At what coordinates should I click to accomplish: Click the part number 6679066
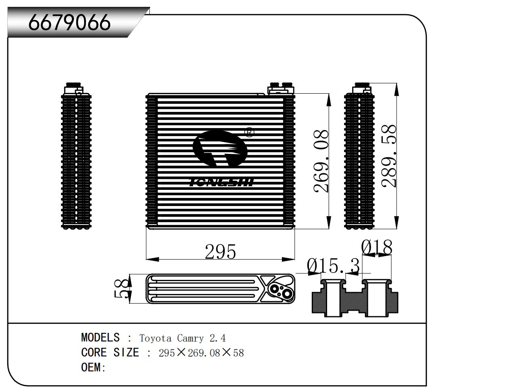coord(69,23)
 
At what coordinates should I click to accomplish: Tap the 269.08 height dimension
coord(321,162)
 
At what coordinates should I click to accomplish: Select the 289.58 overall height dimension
coord(388,156)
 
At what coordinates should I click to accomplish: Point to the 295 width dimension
coord(220,252)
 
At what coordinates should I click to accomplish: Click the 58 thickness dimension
coord(121,289)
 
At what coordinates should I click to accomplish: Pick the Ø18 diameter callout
coord(376,247)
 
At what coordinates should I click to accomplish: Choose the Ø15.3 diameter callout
coord(333,266)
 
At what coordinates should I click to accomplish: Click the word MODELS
coord(101,337)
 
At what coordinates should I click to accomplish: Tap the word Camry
coord(190,338)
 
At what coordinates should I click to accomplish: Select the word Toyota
coord(155,338)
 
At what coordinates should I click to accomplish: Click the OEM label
coord(93,367)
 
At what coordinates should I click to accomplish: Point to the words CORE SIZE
coord(110,352)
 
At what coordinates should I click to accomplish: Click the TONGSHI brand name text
coord(221,182)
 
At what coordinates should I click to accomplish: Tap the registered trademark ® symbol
coord(249,132)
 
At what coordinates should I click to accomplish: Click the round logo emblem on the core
coord(220,149)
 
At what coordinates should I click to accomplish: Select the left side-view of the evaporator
coord(76,156)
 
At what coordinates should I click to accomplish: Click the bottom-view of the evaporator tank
coord(220,289)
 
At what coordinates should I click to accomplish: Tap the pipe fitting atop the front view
coord(281,88)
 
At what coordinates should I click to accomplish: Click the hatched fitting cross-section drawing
coord(355,298)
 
